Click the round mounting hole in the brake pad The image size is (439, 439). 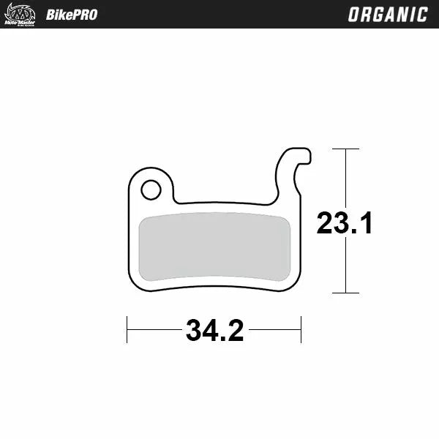(151, 190)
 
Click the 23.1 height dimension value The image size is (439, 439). (345, 223)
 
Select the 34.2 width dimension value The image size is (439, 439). (214, 331)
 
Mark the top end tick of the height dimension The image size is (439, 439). (345, 149)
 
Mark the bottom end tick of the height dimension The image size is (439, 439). (345, 293)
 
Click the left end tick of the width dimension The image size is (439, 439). (127, 330)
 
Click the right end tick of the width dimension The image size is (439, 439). (301, 330)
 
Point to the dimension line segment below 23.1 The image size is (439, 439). (345, 266)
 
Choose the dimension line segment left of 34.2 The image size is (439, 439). (154, 330)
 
